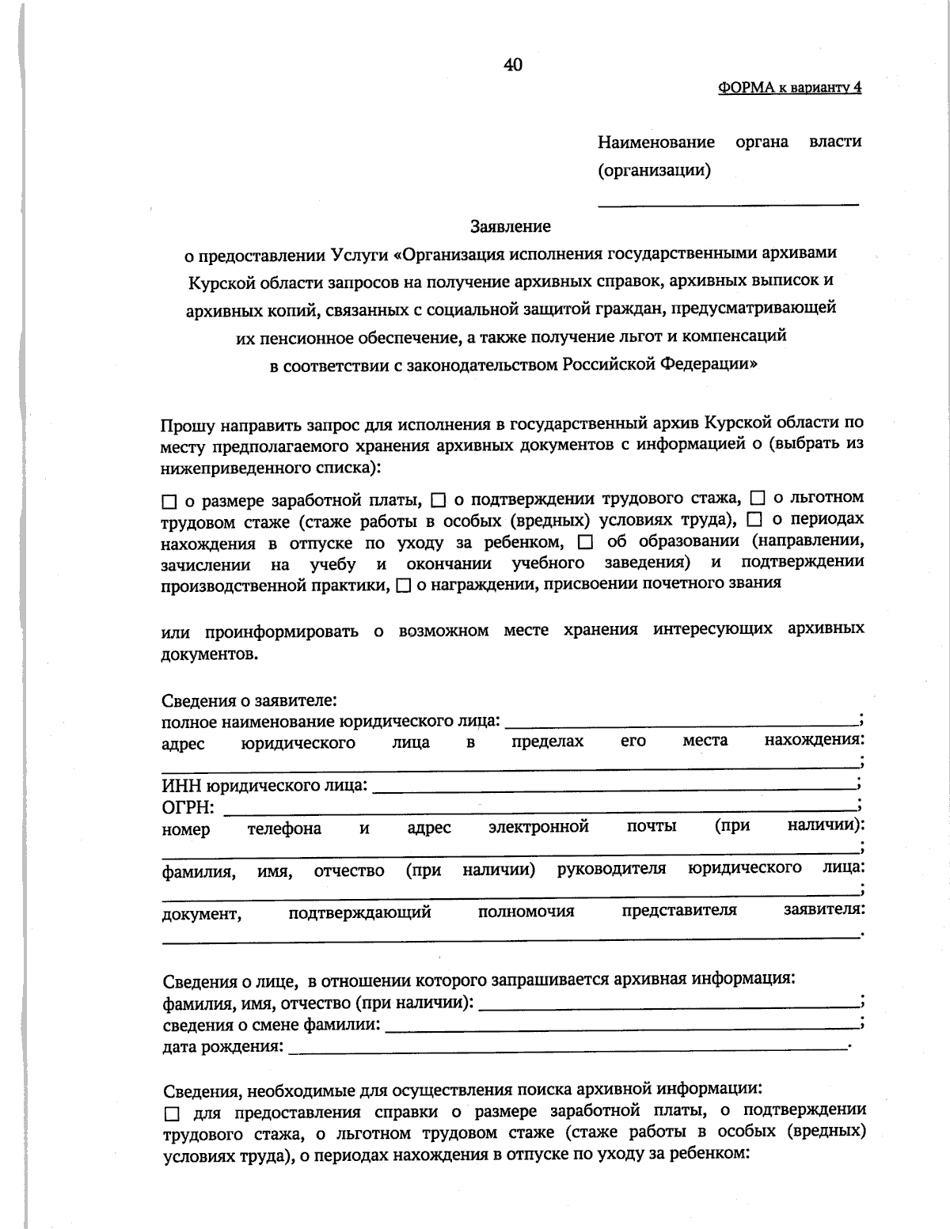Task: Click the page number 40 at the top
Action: coord(512,65)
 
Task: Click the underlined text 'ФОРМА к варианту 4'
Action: coord(789,88)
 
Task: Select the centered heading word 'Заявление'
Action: coord(511,226)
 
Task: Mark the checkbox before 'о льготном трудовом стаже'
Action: coord(757,499)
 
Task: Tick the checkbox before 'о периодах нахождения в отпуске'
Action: coord(754,520)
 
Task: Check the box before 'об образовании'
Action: coord(585,542)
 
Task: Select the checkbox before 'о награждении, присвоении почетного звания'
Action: coord(403,586)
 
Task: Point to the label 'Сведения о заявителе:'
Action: coord(250,701)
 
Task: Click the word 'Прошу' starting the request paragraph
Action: coord(185,424)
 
